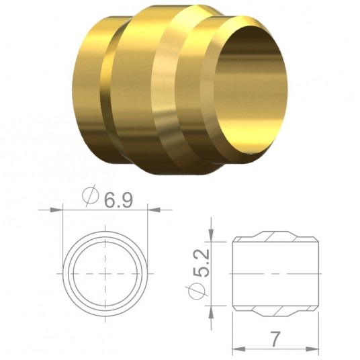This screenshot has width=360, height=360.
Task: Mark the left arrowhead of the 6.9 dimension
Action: coord(68,210)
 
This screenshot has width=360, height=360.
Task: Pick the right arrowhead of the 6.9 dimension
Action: coord(144,210)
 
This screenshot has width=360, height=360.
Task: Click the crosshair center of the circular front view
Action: coord(106,273)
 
